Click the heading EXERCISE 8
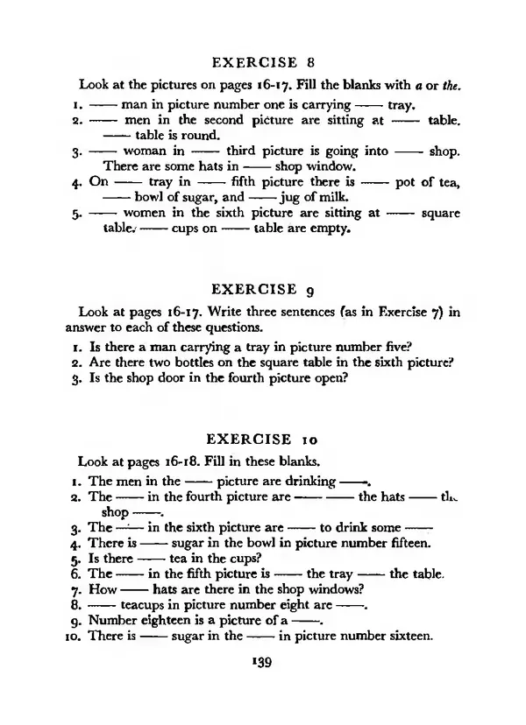click(263, 62)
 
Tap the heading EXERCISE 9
click(263, 288)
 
